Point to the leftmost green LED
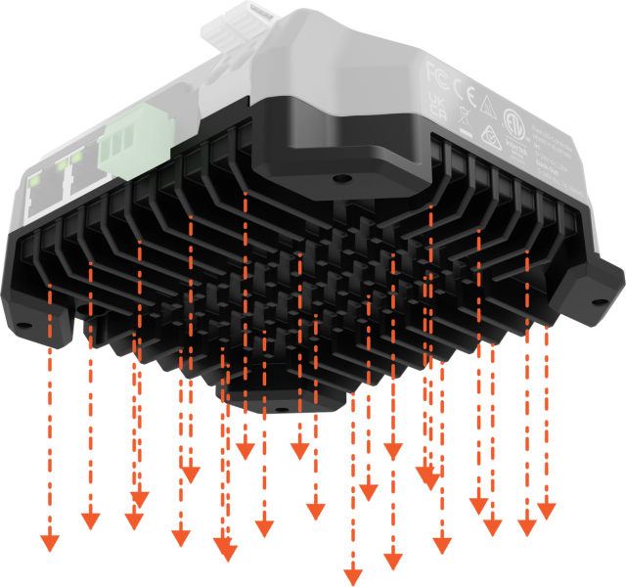tap(34, 181)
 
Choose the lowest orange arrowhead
tap(352, 575)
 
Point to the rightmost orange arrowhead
tap(546, 512)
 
